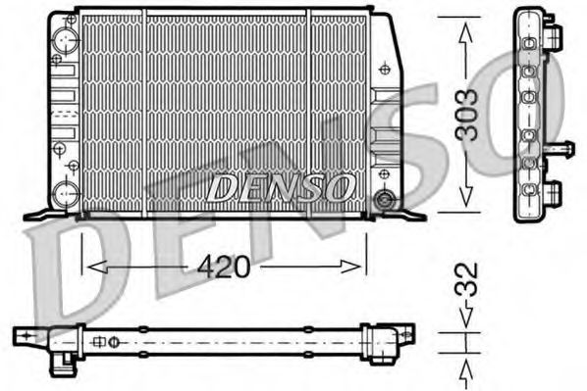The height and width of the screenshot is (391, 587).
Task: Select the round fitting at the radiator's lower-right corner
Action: coord(386,201)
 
